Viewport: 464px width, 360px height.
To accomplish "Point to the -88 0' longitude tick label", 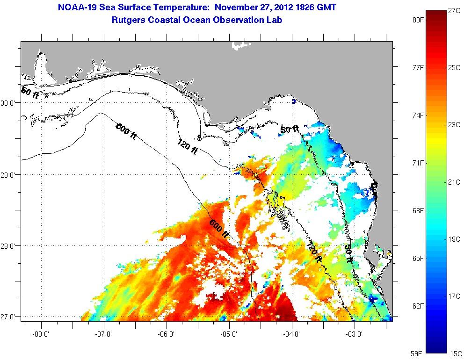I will point(41,334).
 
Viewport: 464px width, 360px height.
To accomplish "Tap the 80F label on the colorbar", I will point(418,21).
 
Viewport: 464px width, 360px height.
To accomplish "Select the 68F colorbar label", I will point(418,211).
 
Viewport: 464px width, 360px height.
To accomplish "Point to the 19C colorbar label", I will point(454,239).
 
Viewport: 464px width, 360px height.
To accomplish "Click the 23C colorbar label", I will point(454,125).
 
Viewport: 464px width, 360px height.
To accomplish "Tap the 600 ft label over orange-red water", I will point(218,228).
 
